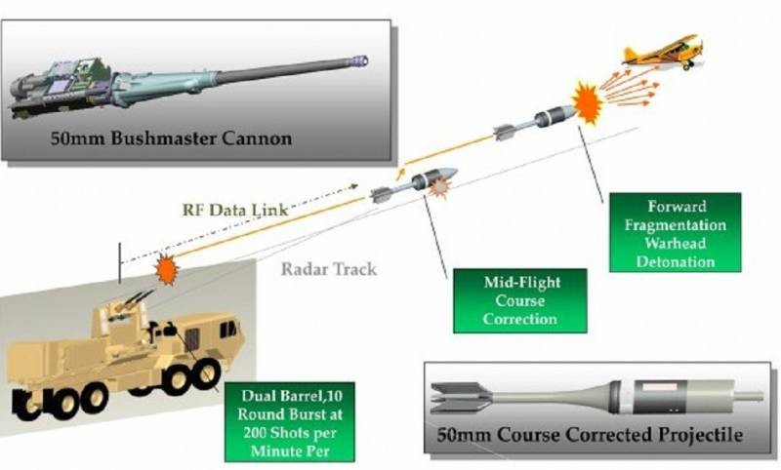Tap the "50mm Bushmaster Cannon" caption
click(x=171, y=137)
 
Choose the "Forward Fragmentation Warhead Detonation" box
click(x=675, y=232)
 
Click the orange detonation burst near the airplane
click(x=587, y=102)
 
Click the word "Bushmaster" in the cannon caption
click(x=170, y=137)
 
